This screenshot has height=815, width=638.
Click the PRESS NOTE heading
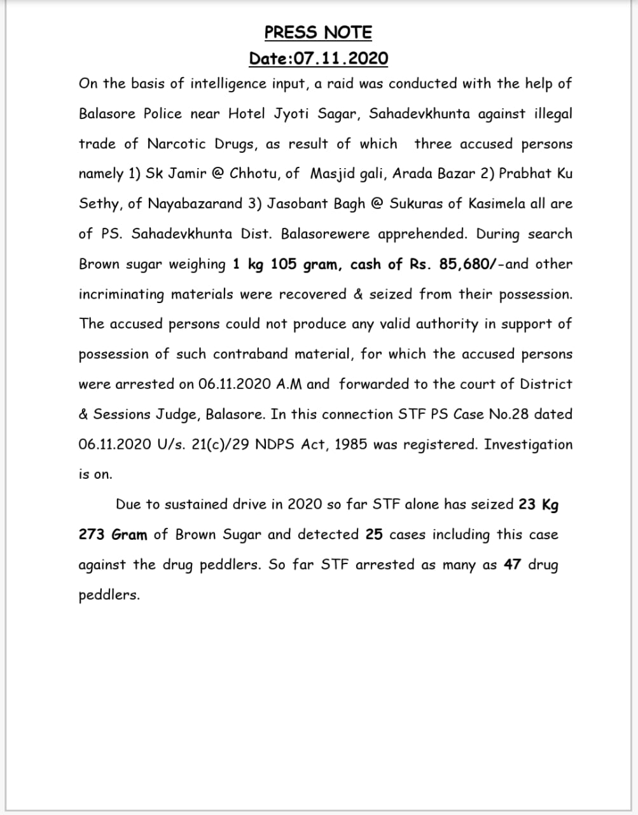(x=318, y=32)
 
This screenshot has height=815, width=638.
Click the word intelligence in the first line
(x=228, y=84)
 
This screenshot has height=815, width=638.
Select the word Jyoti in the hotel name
(x=292, y=114)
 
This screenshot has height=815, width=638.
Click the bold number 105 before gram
(x=284, y=264)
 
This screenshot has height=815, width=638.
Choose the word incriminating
(x=121, y=294)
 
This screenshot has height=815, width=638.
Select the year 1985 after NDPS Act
(x=350, y=444)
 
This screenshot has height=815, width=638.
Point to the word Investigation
(x=528, y=444)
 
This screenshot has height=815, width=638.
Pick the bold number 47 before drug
(x=513, y=565)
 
